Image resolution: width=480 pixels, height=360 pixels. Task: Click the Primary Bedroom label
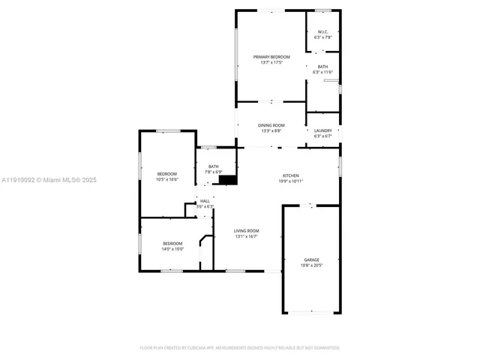[271, 57]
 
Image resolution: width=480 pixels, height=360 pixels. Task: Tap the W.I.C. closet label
[322, 31]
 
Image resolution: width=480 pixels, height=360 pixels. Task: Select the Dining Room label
[271, 125]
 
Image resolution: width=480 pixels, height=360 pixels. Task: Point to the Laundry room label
[322, 130]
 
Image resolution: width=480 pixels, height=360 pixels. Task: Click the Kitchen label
[290, 175]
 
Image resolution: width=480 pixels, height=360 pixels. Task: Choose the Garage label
[311, 259]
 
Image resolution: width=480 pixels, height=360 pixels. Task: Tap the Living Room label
[246, 231]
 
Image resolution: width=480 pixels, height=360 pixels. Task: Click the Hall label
[205, 201]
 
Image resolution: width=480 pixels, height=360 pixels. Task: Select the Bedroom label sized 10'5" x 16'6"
[166, 174]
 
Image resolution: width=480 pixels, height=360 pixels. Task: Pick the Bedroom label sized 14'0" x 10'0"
[172, 243]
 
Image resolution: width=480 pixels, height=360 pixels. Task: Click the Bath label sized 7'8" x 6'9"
[214, 166]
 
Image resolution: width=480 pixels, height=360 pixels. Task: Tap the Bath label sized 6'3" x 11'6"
[322, 67]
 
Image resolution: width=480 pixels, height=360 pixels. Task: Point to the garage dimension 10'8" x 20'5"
[311, 265]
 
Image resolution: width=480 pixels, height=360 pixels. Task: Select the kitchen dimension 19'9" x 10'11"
[290, 181]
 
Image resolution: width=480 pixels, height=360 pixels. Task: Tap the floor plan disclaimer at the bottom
[240, 348]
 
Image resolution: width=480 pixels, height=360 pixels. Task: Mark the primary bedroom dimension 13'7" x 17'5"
[271, 63]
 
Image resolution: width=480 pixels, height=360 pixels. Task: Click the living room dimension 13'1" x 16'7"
[246, 237]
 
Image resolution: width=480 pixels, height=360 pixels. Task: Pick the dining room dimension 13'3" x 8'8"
[271, 131]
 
